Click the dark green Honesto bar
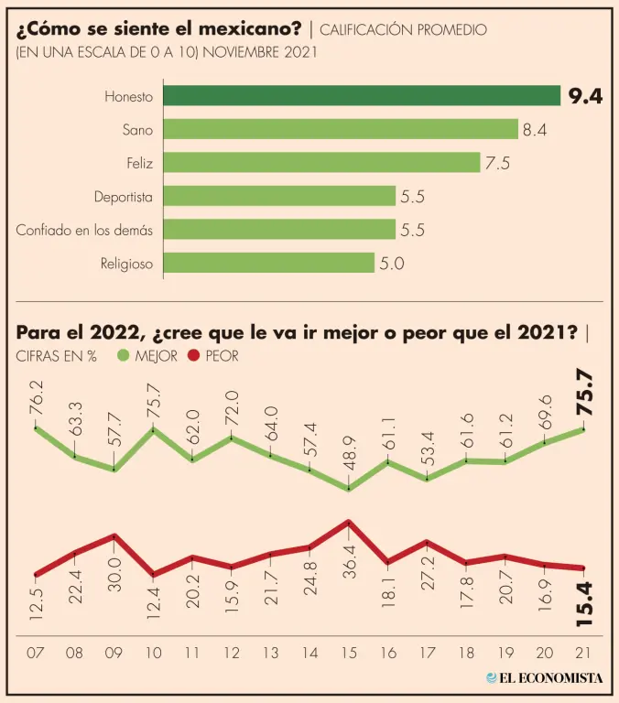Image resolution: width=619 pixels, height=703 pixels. [x=362, y=96]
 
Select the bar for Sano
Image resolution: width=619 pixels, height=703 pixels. [x=341, y=129]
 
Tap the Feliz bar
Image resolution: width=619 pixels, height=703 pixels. [x=322, y=163]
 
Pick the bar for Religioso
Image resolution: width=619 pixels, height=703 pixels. [x=269, y=264]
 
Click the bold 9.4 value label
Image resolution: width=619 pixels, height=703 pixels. [x=585, y=96]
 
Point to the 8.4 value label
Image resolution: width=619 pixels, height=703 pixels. [x=535, y=130]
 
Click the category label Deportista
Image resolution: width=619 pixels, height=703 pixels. [x=123, y=197]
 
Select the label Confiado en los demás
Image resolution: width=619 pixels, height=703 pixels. [x=84, y=230]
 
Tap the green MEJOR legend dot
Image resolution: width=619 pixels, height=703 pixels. [x=124, y=356]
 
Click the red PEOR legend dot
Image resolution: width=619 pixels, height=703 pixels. [x=192, y=356]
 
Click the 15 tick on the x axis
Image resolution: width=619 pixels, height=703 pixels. [x=349, y=654]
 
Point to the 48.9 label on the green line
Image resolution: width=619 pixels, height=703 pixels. [x=349, y=458]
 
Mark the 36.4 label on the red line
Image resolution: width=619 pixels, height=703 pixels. [x=349, y=556]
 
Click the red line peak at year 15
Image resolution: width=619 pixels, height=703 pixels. [x=349, y=521]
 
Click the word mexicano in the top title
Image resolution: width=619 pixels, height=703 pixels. [x=251, y=28]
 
